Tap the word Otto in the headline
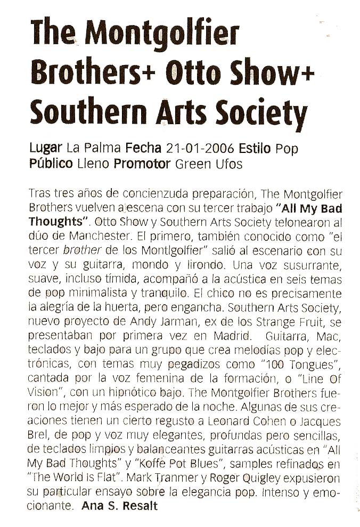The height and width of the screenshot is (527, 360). (193, 73)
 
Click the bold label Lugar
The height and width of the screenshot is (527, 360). (46, 148)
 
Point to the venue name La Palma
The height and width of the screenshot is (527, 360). (94, 148)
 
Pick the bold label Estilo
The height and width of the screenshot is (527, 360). (255, 148)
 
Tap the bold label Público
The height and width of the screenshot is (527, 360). (51, 164)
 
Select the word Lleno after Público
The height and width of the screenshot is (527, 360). (94, 164)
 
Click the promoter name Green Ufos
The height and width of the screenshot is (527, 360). (209, 164)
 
